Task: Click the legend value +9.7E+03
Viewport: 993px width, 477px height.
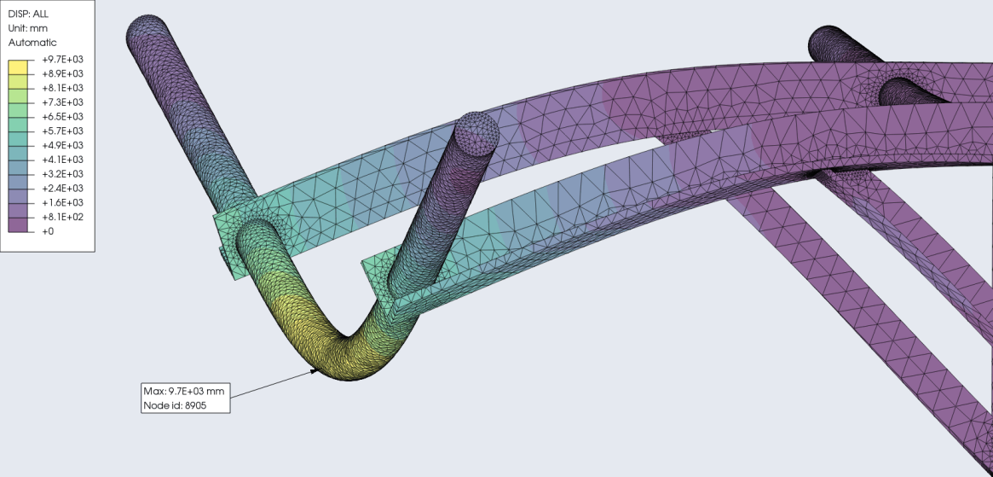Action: click(x=61, y=60)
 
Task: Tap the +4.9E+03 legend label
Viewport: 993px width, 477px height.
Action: click(x=61, y=145)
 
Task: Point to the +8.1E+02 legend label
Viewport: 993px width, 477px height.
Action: click(x=61, y=217)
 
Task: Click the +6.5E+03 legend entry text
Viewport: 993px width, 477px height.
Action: click(x=61, y=117)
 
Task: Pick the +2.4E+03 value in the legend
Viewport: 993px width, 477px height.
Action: click(x=61, y=189)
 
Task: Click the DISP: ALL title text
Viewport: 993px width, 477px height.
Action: click(x=28, y=14)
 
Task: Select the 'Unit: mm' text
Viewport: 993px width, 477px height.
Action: click(x=27, y=28)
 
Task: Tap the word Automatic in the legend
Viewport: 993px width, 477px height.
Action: click(x=32, y=43)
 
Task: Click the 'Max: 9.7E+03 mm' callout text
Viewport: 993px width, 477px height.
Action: click(x=185, y=391)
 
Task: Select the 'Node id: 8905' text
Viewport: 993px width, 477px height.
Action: click(x=176, y=405)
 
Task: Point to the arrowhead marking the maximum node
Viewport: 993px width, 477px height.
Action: click(x=315, y=370)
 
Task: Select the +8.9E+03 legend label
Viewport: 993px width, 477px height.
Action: click(x=61, y=74)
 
